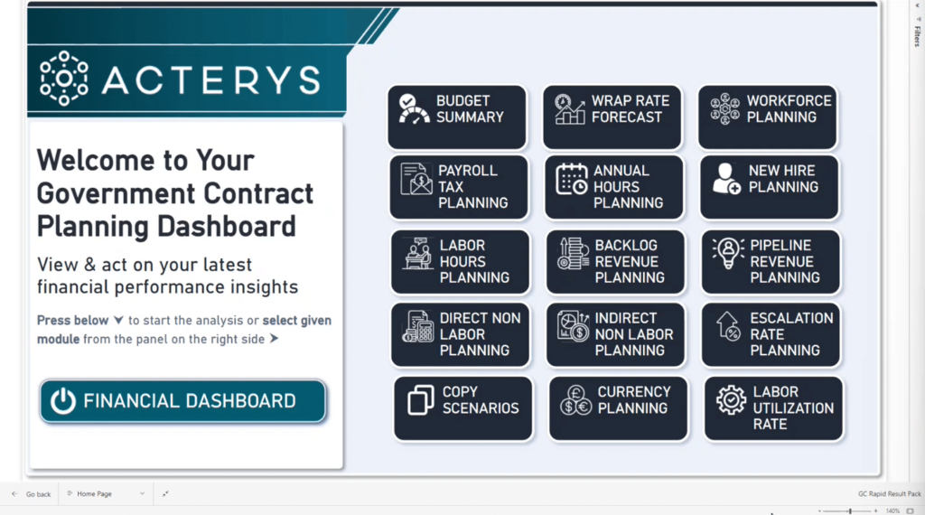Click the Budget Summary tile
coord(456,117)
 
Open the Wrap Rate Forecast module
coord(612,117)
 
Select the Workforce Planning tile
coord(767,117)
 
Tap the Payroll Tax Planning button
coord(458,187)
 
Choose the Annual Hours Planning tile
coord(613,187)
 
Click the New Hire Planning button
coord(769,187)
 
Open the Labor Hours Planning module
coord(460,262)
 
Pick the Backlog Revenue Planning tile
coord(615,262)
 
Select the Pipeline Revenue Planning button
coord(771,262)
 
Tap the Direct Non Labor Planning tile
coord(460,334)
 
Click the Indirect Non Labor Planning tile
coord(615,334)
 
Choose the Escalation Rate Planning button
coord(771,334)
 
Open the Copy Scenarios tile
coord(463,408)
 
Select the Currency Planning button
coord(618,408)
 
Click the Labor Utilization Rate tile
coord(773,408)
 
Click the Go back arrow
coord(14,493)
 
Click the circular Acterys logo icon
coord(64,79)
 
